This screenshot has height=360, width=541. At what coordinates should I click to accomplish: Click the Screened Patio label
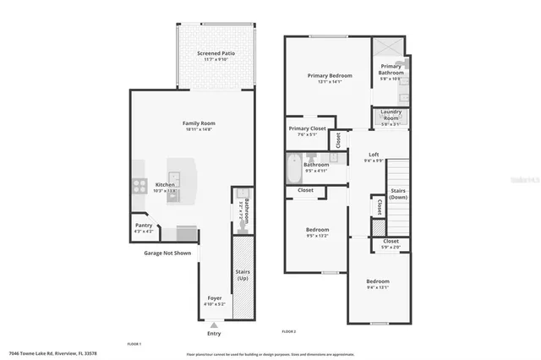tap(216, 53)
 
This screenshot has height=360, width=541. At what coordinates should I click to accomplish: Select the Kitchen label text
tap(164, 184)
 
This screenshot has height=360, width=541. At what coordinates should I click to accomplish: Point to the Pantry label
tap(143, 225)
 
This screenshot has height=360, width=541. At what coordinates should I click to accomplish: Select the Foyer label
tap(215, 298)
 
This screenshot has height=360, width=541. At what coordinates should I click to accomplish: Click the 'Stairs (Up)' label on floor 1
tap(243, 274)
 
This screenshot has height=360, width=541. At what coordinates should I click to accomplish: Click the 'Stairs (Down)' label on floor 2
tap(398, 194)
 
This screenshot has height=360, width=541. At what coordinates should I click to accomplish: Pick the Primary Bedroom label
tap(329, 75)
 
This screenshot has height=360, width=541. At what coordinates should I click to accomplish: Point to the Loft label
tap(374, 155)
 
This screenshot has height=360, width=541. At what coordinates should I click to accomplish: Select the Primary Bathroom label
tap(391, 67)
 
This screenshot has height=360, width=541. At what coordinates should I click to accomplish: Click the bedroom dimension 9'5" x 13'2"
tap(317, 235)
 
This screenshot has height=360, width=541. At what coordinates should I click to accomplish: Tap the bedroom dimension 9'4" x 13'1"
tap(377, 286)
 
